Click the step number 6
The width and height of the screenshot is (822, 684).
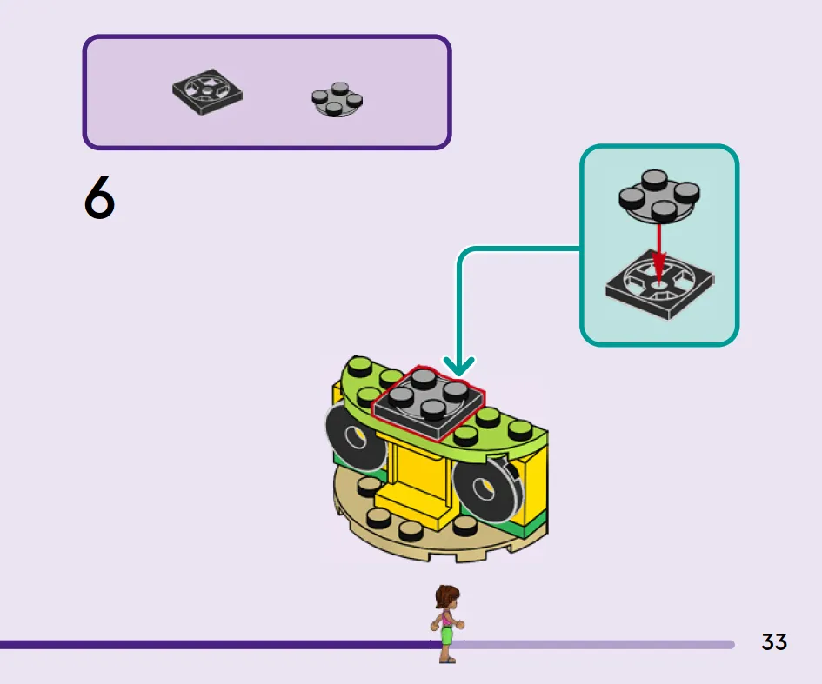coord(99,197)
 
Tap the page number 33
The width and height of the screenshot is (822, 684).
coord(774,642)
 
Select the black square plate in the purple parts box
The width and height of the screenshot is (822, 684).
coord(207,91)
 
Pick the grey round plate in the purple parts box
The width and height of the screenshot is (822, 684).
coord(337,99)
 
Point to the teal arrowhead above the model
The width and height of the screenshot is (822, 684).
coord(458,366)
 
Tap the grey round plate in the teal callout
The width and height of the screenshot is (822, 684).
coord(659,196)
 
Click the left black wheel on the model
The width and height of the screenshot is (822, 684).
coord(355,438)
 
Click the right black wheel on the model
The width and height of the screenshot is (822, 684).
coord(487,488)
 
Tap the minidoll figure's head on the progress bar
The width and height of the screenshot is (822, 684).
coord(446,596)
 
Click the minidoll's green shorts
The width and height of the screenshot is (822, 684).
coord(446,634)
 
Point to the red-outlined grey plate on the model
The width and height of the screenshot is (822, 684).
coord(428,402)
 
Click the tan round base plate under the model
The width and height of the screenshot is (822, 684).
coord(440,529)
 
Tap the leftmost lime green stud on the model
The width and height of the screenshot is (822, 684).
coord(359,366)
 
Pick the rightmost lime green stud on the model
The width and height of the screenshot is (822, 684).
coord(520,429)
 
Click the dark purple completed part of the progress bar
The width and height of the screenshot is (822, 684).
coord(220,644)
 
